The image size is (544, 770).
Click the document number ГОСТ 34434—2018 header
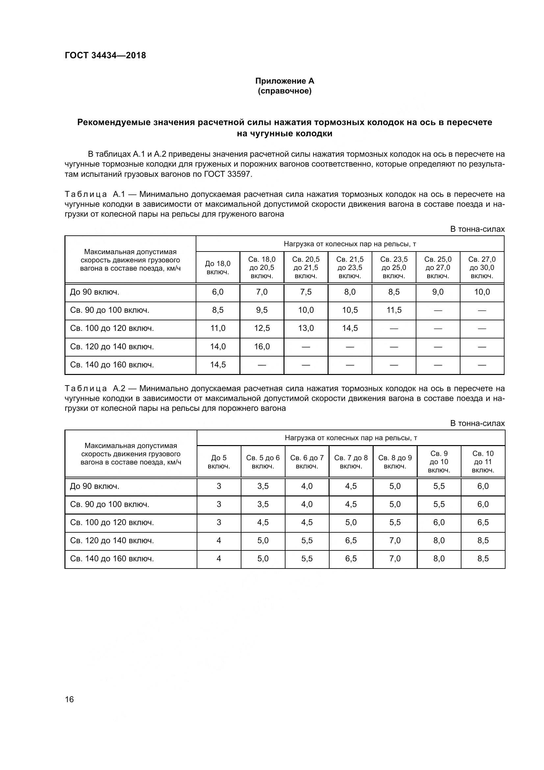(106, 56)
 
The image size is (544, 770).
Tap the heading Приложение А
(284, 81)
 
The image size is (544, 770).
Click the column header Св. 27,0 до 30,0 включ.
(482, 268)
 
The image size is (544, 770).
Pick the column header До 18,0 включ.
(218, 268)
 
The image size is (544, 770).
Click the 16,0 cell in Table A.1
(261, 346)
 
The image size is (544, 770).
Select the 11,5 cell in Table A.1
(394, 310)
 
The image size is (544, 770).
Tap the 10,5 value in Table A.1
(350, 310)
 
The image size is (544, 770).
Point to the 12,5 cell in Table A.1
(261, 328)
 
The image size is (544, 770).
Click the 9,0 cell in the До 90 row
(438, 292)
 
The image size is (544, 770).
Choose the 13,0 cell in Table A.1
(306, 328)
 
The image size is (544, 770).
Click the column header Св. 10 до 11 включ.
(483, 462)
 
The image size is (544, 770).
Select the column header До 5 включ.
(219, 462)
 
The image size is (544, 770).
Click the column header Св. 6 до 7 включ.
(307, 462)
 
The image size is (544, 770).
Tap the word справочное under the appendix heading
(284, 91)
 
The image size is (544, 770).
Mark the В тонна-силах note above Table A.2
(477, 424)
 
